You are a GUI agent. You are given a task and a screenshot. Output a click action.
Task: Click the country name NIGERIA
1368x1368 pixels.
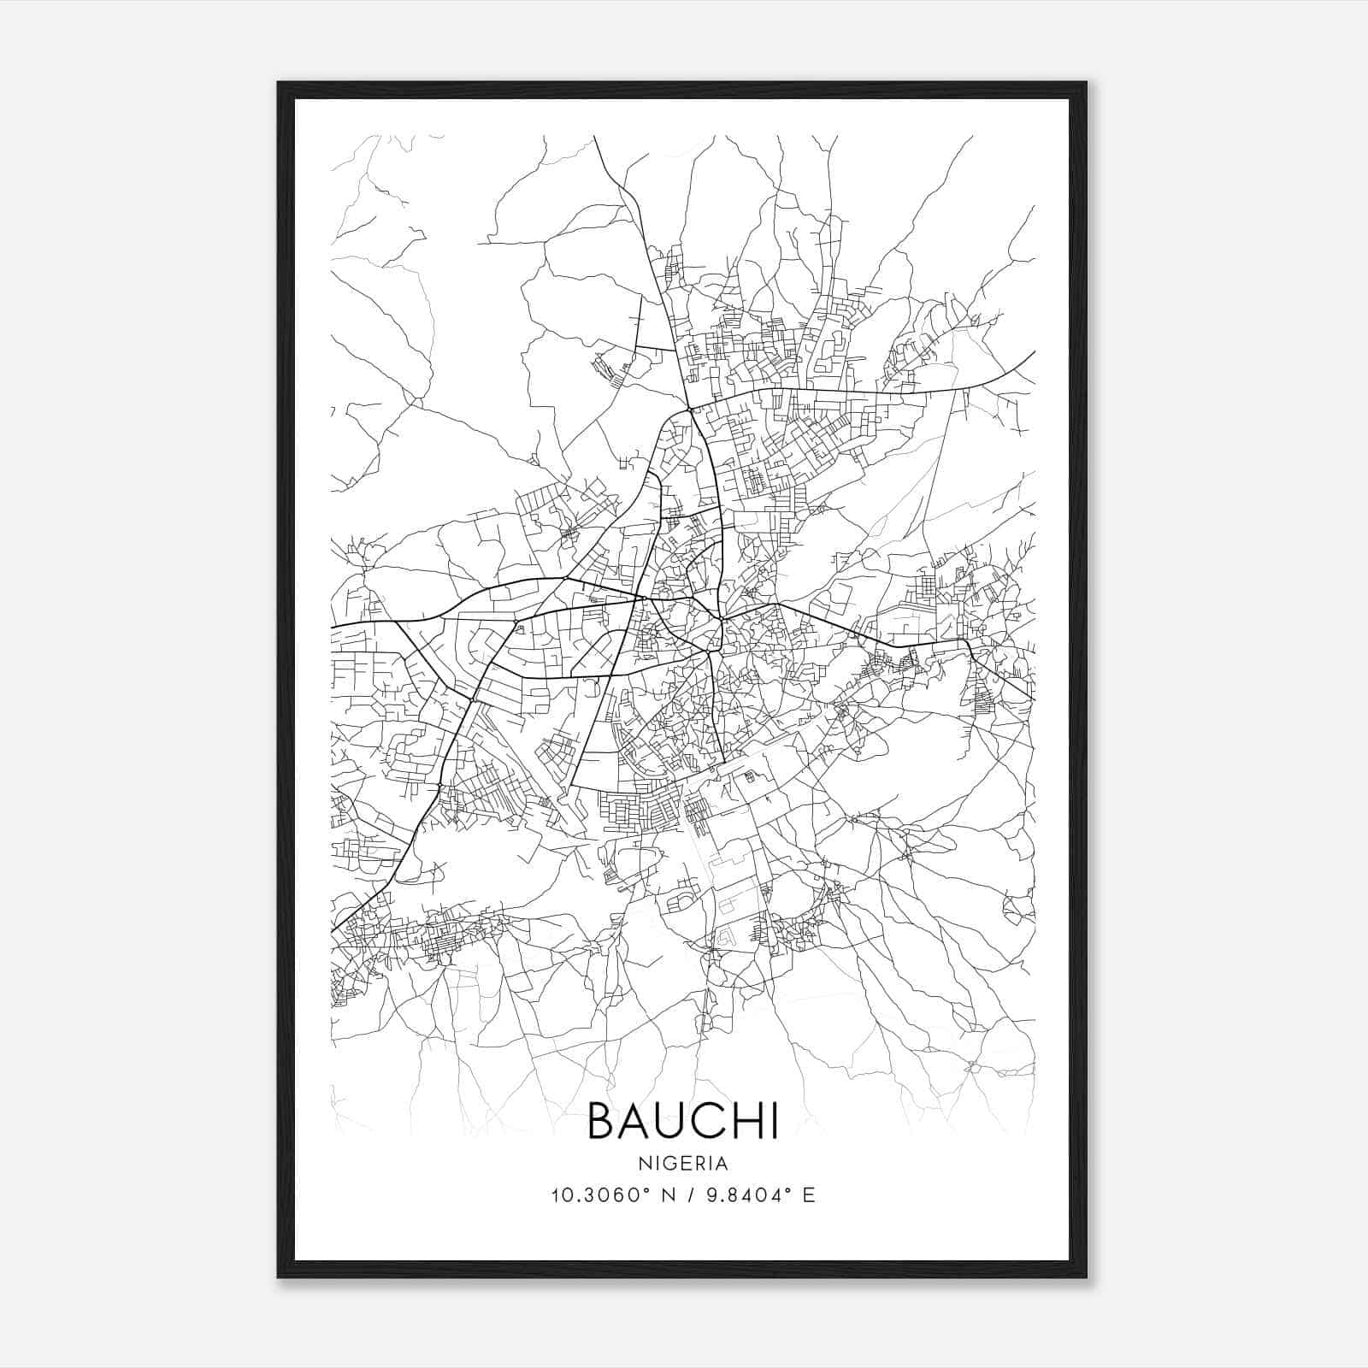[683, 1163]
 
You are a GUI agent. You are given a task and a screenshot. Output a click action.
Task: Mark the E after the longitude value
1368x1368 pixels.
[809, 1195]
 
